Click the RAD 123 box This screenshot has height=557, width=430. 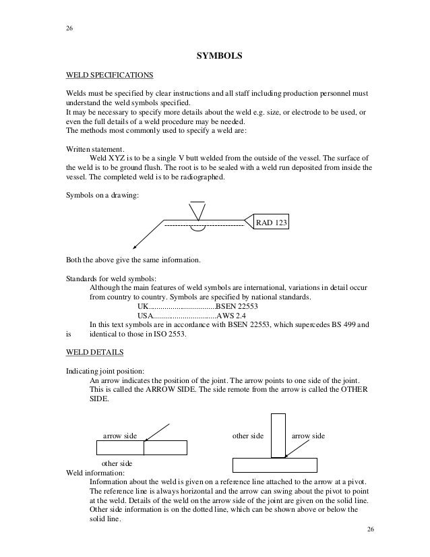click(x=270, y=221)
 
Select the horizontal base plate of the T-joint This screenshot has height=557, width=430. click(x=274, y=465)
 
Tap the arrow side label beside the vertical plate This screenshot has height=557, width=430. click(x=307, y=436)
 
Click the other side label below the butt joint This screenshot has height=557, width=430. click(x=117, y=464)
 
